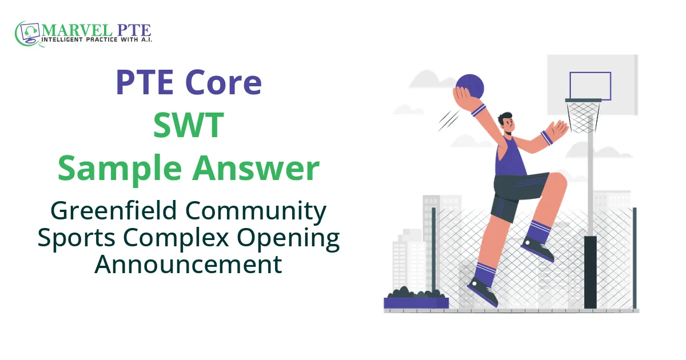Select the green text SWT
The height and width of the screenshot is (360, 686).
[188, 126]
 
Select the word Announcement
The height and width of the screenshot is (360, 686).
[188, 264]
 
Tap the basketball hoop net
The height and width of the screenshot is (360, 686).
[583, 118]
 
